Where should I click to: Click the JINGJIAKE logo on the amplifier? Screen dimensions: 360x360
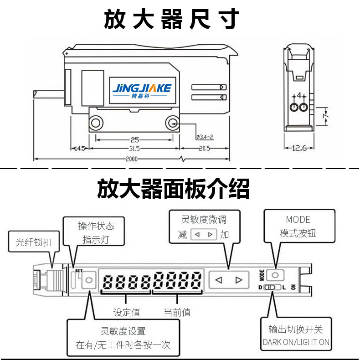pyautogui.click(x=142, y=89)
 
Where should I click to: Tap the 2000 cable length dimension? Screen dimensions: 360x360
pyautogui.click(x=132, y=159)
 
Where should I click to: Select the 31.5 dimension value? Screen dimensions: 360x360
pyautogui.click(x=134, y=149)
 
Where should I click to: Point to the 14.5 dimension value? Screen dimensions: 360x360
pyautogui.click(x=80, y=149)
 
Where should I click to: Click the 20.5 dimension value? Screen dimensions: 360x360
pyautogui.click(x=205, y=149)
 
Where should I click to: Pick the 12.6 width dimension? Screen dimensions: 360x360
pyautogui.click(x=299, y=148)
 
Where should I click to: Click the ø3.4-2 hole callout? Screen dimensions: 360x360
pyautogui.click(x=205, y=137)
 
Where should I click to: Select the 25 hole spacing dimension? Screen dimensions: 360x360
pyautogui.click(x=134, y=140)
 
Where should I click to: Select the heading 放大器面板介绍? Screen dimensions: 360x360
pyautogui.click(x=174, y=189)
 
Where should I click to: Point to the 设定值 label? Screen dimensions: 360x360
pyautogui.click(x=127, y=312)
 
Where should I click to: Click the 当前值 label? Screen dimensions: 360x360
pyautogui.click(x=177, y=312)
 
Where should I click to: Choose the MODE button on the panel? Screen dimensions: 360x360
pyautogui.click(x=275, y=275)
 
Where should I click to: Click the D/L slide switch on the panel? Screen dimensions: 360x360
pyautogui.click(x=271, y=287)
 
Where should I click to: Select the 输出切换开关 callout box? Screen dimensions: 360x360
pyautogui.click(x=296, y=336)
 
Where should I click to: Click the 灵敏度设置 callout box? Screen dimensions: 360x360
pyautogui.click(x=123, y=338)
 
